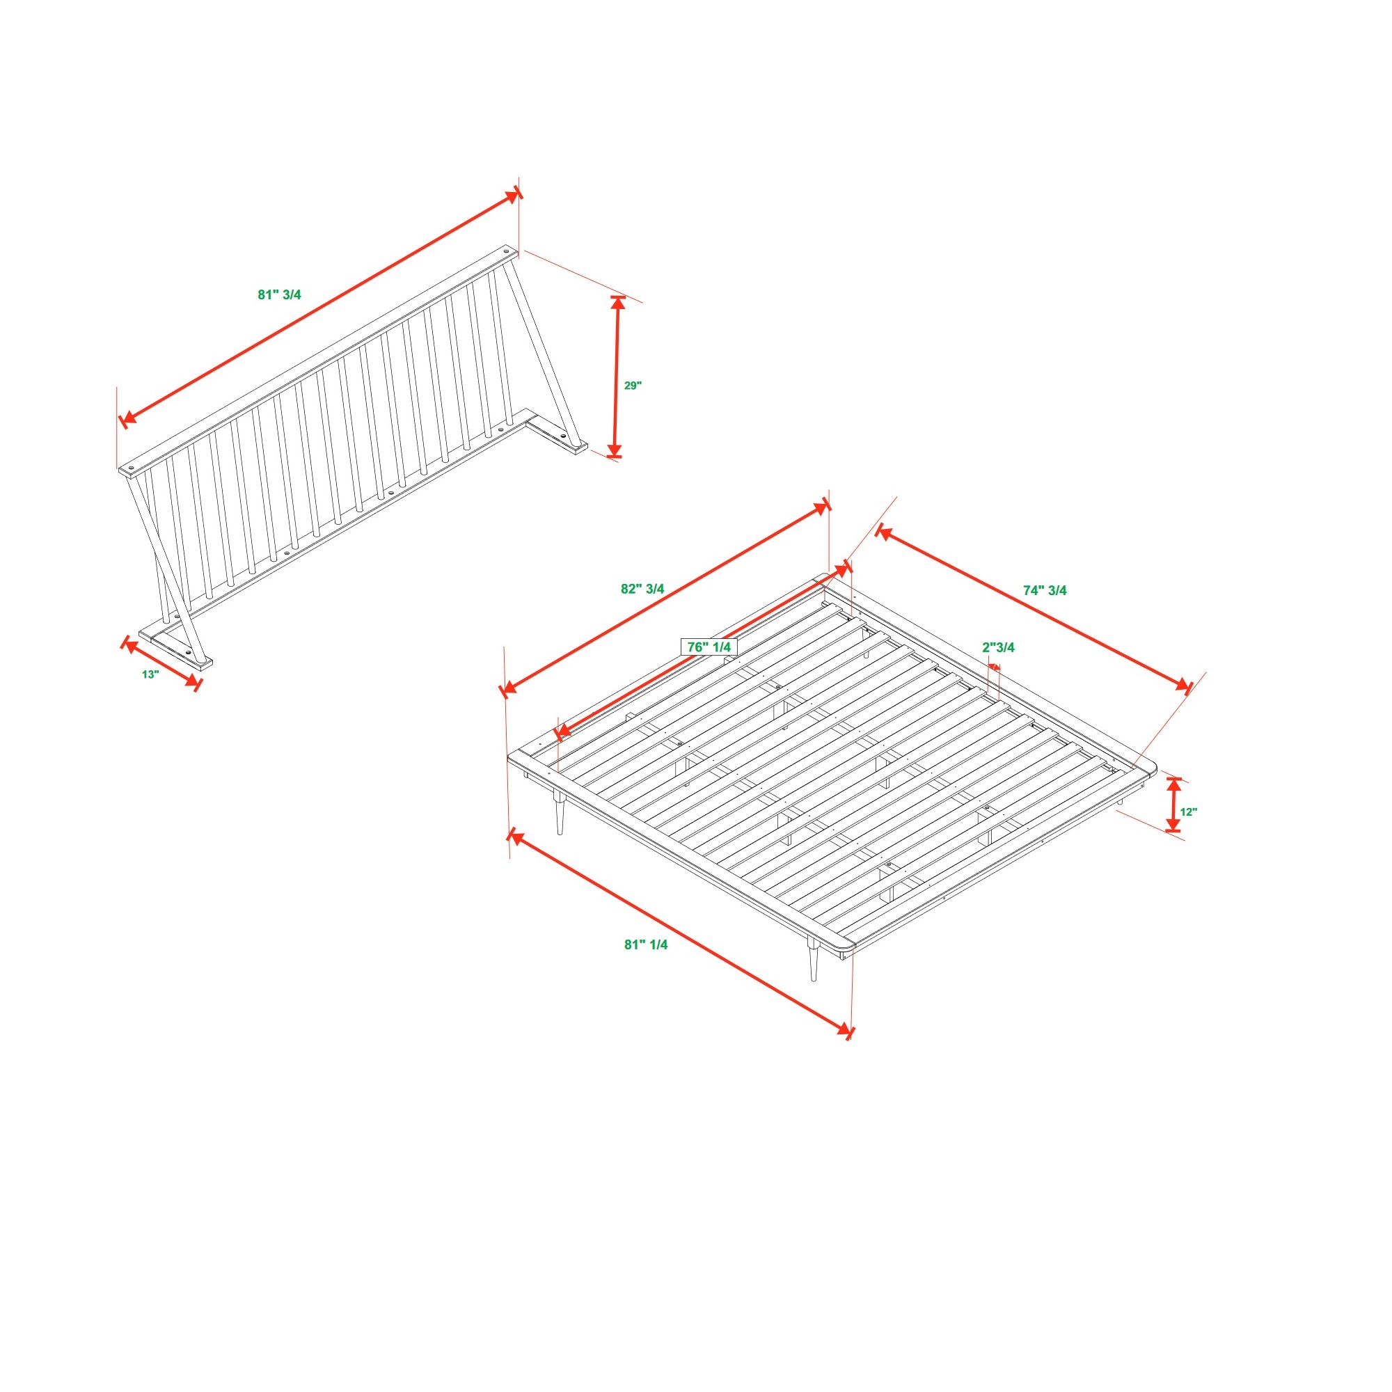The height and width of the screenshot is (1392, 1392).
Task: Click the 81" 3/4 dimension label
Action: pyautogui.click(x=280, y=294)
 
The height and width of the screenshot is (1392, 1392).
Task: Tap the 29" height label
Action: pyautogui.click(x=633, y=386)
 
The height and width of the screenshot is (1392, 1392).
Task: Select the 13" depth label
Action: pyautogui.click(x=150, y=674)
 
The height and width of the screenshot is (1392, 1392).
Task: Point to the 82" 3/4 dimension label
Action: pyautogui.click(x=642, y=589)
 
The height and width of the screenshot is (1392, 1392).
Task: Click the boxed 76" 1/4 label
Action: pyautogui.click(x=709, y=647)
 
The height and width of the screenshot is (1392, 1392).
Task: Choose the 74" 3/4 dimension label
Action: pyautogui.click(x=1045, y=590)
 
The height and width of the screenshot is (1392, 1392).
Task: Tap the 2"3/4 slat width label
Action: pyautogui.click(x=999, y=647)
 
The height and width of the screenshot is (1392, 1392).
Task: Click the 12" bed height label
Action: pyautogui.click(x=1189, y=812)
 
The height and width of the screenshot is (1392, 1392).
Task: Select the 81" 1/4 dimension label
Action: pyautogui.click(x=646, y=944)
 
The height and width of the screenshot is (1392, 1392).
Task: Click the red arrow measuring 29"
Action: pyautogui.click(x=616, y=376)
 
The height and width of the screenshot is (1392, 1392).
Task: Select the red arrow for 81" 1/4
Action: pyautogui.click(x=680, y=934)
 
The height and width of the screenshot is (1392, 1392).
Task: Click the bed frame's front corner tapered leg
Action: pyautogui.click(x=814, y=959)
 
